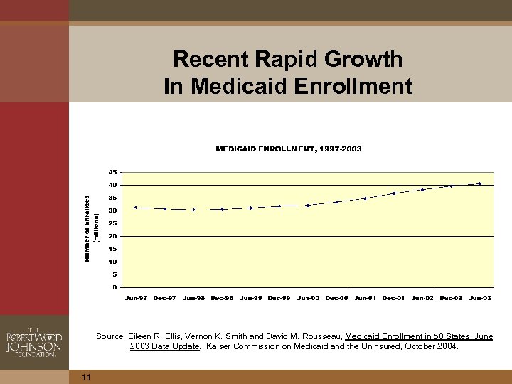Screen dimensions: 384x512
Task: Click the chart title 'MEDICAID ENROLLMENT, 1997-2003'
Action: [x=288, y=149]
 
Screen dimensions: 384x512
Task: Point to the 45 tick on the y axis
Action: [x=113, y=172]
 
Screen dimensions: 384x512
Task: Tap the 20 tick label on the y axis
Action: [x=113, y=236]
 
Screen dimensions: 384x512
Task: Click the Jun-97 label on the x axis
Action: [x=136, y=298]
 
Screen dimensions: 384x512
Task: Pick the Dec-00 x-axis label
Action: [x=336, y=298]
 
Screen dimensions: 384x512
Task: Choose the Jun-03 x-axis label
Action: [x=479, y=298]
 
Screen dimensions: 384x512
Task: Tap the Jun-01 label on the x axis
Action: [x=365, y=298]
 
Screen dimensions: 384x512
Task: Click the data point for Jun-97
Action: [x=136, y=208]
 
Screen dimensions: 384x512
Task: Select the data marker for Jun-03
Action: [x=479, y=183]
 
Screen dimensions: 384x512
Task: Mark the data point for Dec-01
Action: [x=394, y=193]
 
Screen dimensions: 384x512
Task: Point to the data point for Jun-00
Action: [x=307, y=205]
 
